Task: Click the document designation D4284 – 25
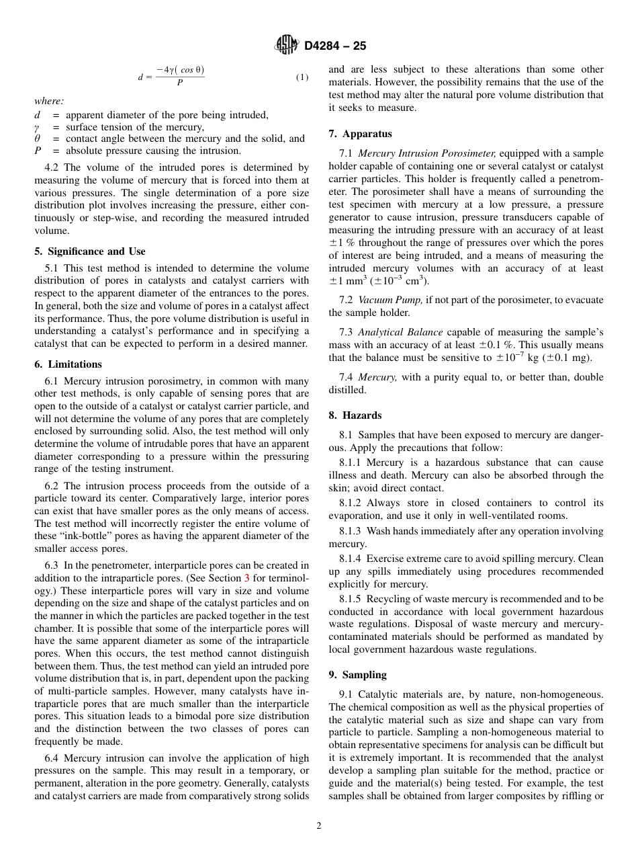tap(335, 46)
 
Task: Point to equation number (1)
tap(302, 77)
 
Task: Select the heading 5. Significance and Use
tap(89, 251)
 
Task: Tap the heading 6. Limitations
tap(68, 364)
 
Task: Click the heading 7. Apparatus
tap(360, 134)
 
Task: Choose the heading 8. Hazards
tap(355, 415)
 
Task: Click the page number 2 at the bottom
tap(319, 826)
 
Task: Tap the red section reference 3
tap(246, 578)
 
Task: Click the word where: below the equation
tap(49, 101)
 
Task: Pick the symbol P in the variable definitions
tap(38, 151)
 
